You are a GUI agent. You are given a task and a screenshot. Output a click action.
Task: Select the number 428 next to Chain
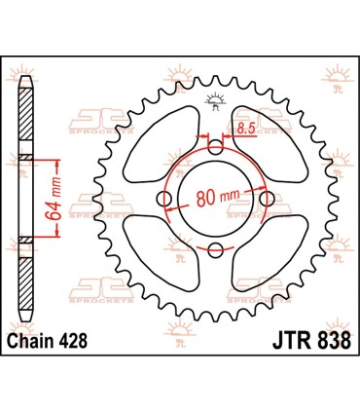(x=83, y=342)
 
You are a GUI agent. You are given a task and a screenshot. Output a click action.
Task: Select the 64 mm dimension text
(x=60, y=199)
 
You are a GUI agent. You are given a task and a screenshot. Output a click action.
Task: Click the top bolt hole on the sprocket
(x=216, y=148)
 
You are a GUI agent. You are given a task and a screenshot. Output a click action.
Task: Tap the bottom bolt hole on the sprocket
(x=216, y=250)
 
